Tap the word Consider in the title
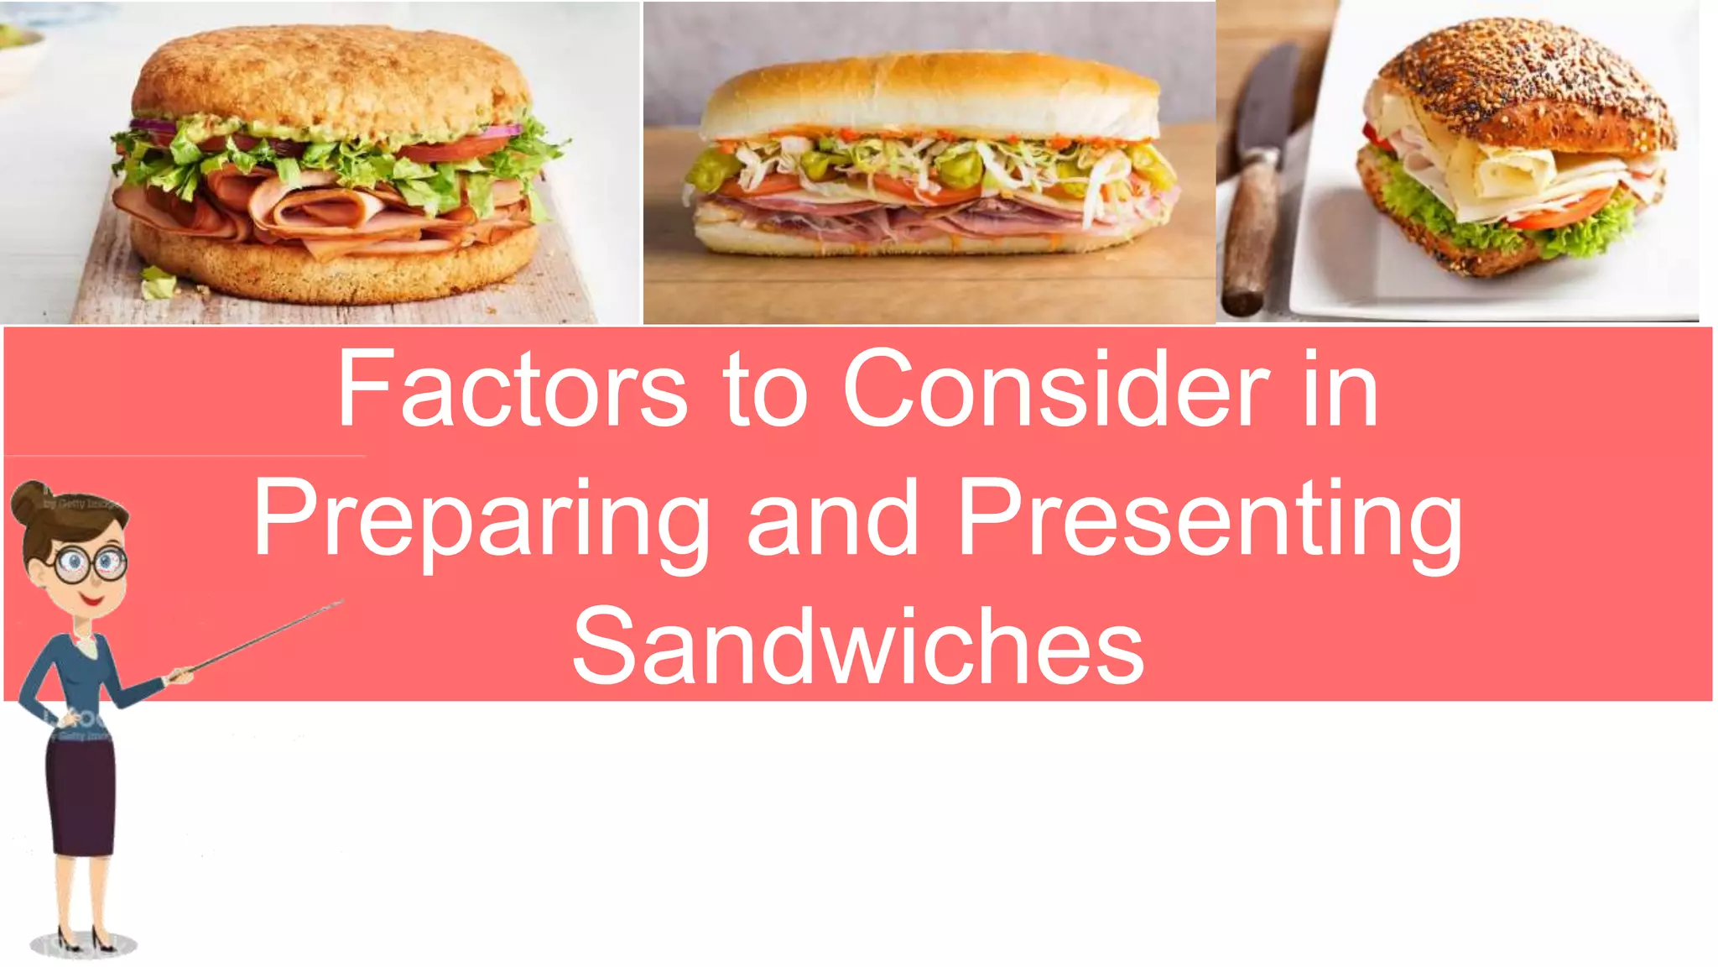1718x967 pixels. [1055, 391]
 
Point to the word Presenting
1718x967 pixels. [1210, 519]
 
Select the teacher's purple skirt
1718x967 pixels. [81, 797]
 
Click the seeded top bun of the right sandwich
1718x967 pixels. [1527, 84]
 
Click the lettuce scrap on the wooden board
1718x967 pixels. [158, 283]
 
